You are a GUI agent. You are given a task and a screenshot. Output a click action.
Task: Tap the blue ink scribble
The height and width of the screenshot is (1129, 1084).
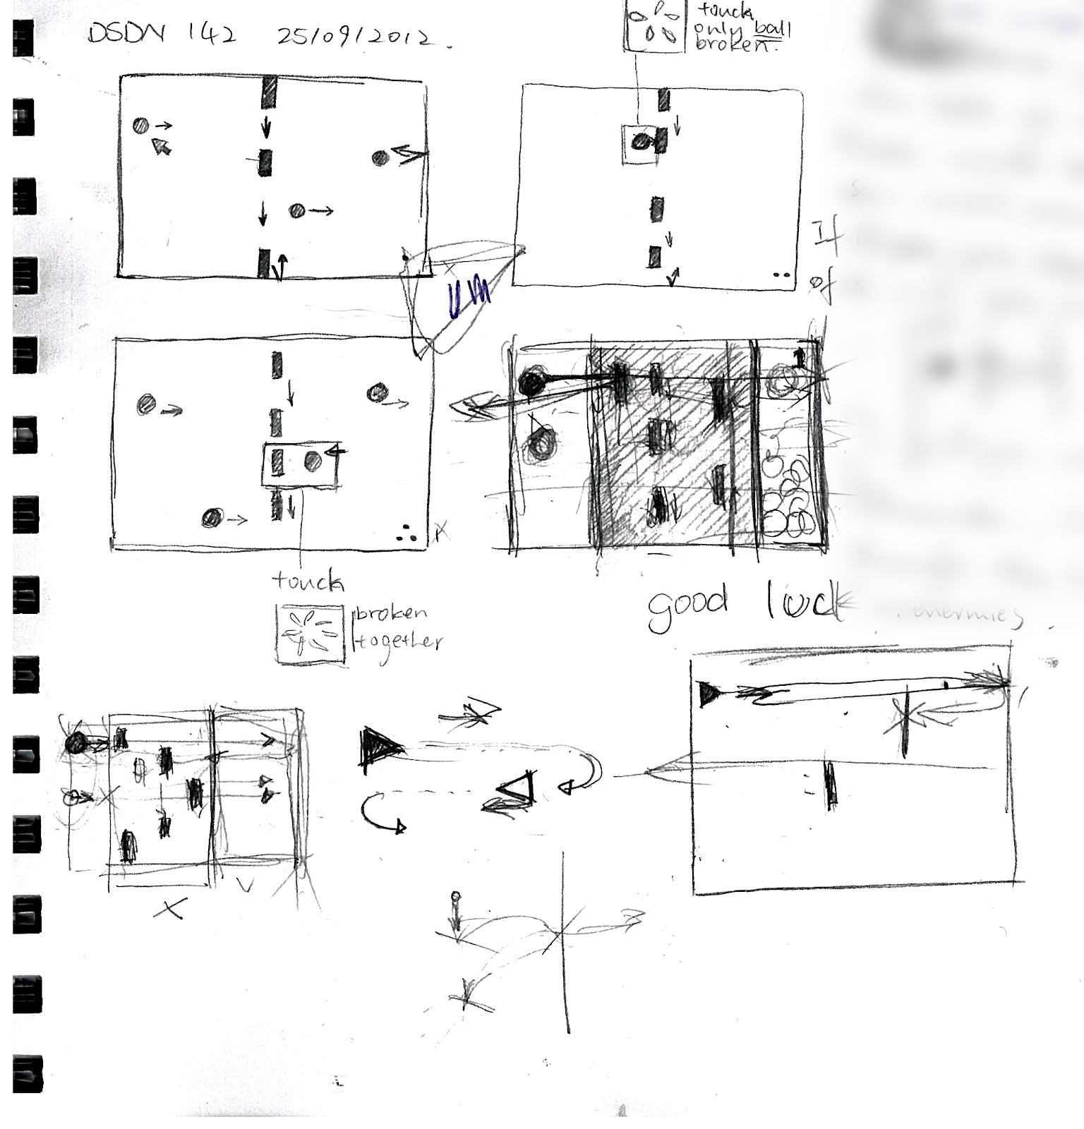click(469, 299)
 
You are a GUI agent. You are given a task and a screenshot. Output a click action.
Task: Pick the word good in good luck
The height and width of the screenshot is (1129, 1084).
click(687, 610)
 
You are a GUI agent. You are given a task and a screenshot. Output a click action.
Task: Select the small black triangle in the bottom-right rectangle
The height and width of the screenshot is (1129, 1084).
click(707, 694)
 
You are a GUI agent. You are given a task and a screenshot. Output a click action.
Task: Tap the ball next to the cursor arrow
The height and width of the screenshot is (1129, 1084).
click(141, 126)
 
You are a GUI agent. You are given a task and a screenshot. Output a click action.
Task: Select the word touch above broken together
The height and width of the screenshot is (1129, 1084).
click(308, 582)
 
